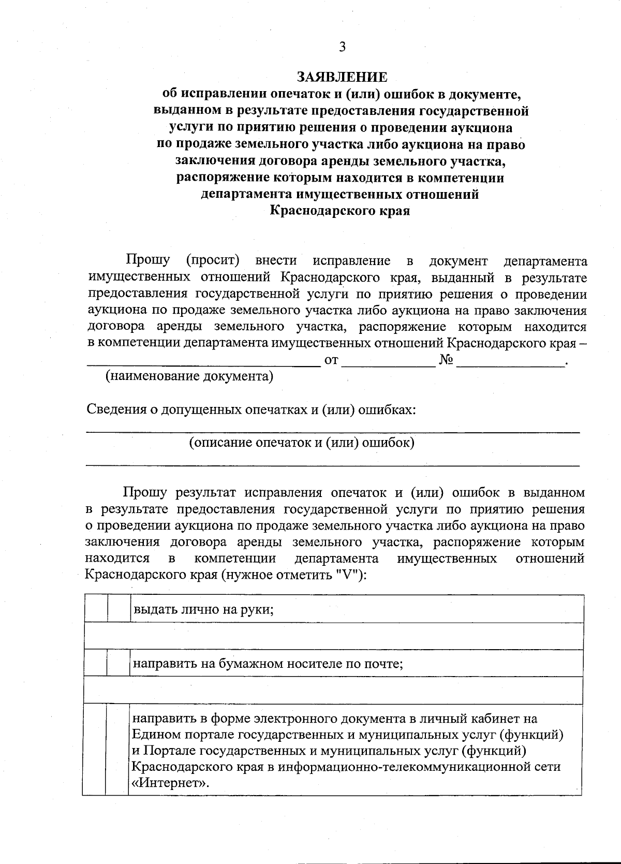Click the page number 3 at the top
[x=342, y=47]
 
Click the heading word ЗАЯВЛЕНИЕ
[x=342, y=77]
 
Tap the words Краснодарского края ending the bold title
[x=340, y=211]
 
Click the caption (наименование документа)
[x=189, y=376]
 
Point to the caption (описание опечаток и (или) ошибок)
[x=302, y=443]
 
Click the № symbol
[x=446, y=360]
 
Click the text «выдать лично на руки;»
[x=203, y=609]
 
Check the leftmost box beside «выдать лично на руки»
[x=96, y=609]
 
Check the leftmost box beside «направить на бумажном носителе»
[x=96, y=663]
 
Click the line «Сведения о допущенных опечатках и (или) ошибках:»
[x=252, y=410]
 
